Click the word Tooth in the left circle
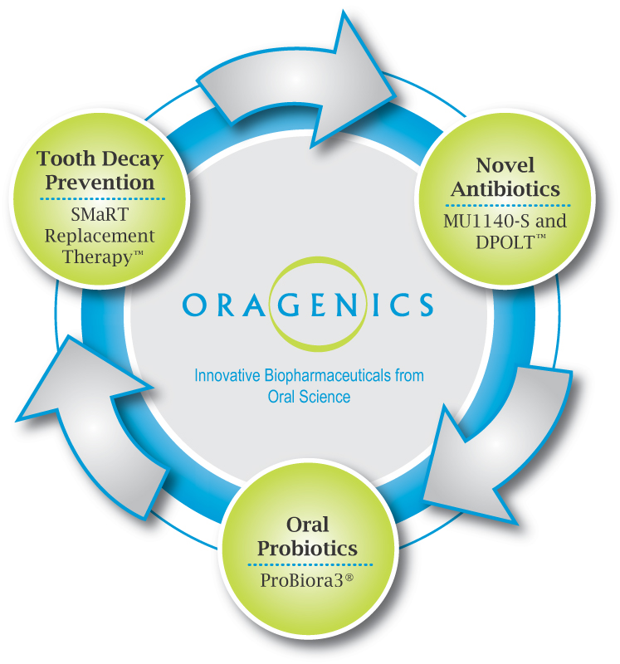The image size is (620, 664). [x=61, y=159]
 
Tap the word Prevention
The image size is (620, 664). [x=100, y=182]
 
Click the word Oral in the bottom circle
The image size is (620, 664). [x=307, y=525]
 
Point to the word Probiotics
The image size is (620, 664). [x=307, y=549]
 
